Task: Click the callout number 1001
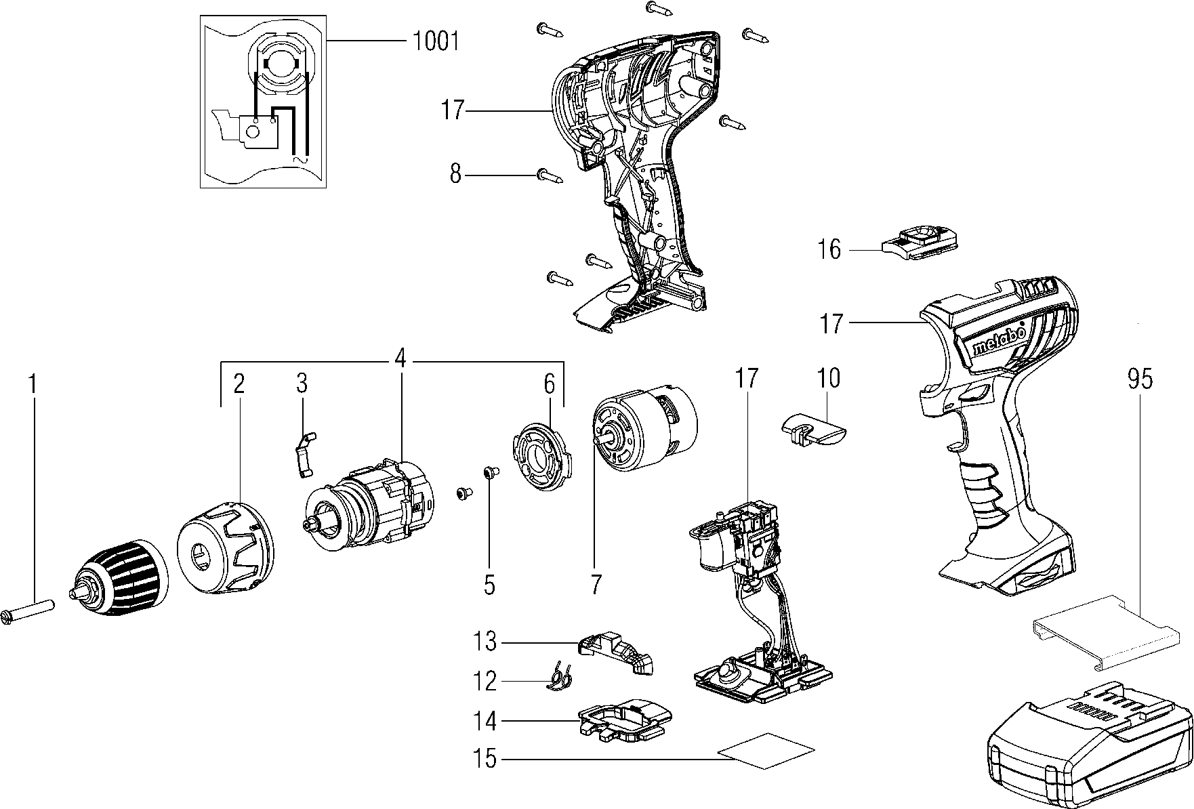pyautogui.click(x=436, y=42)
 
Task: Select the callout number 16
pyautogui.click(x=829, y=249)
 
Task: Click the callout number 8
pyautogui.click(x=455, y=175)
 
